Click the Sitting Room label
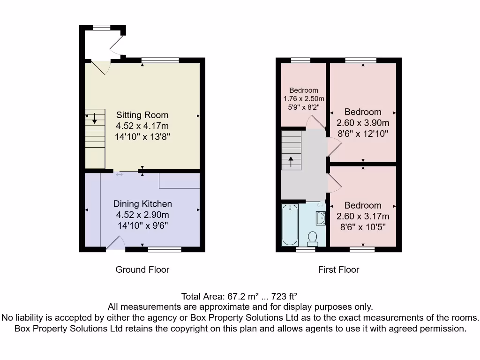click(142, 115)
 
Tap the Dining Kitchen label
click(142, 204)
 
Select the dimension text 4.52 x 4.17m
click(142, 126)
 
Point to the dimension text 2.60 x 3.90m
click(363, 123)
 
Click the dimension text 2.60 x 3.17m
click(363, 217)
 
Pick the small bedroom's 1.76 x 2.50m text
click(304, 99)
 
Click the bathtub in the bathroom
click(290, 225)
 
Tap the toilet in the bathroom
click(312, 239)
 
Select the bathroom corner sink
click(321, 218)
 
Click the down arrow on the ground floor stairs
click(95, 118)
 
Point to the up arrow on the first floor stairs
click(291, 162)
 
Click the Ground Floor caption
click(142, 270)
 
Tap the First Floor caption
click(338, 270)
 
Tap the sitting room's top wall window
click(160, 60)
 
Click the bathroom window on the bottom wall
click(306, 250)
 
